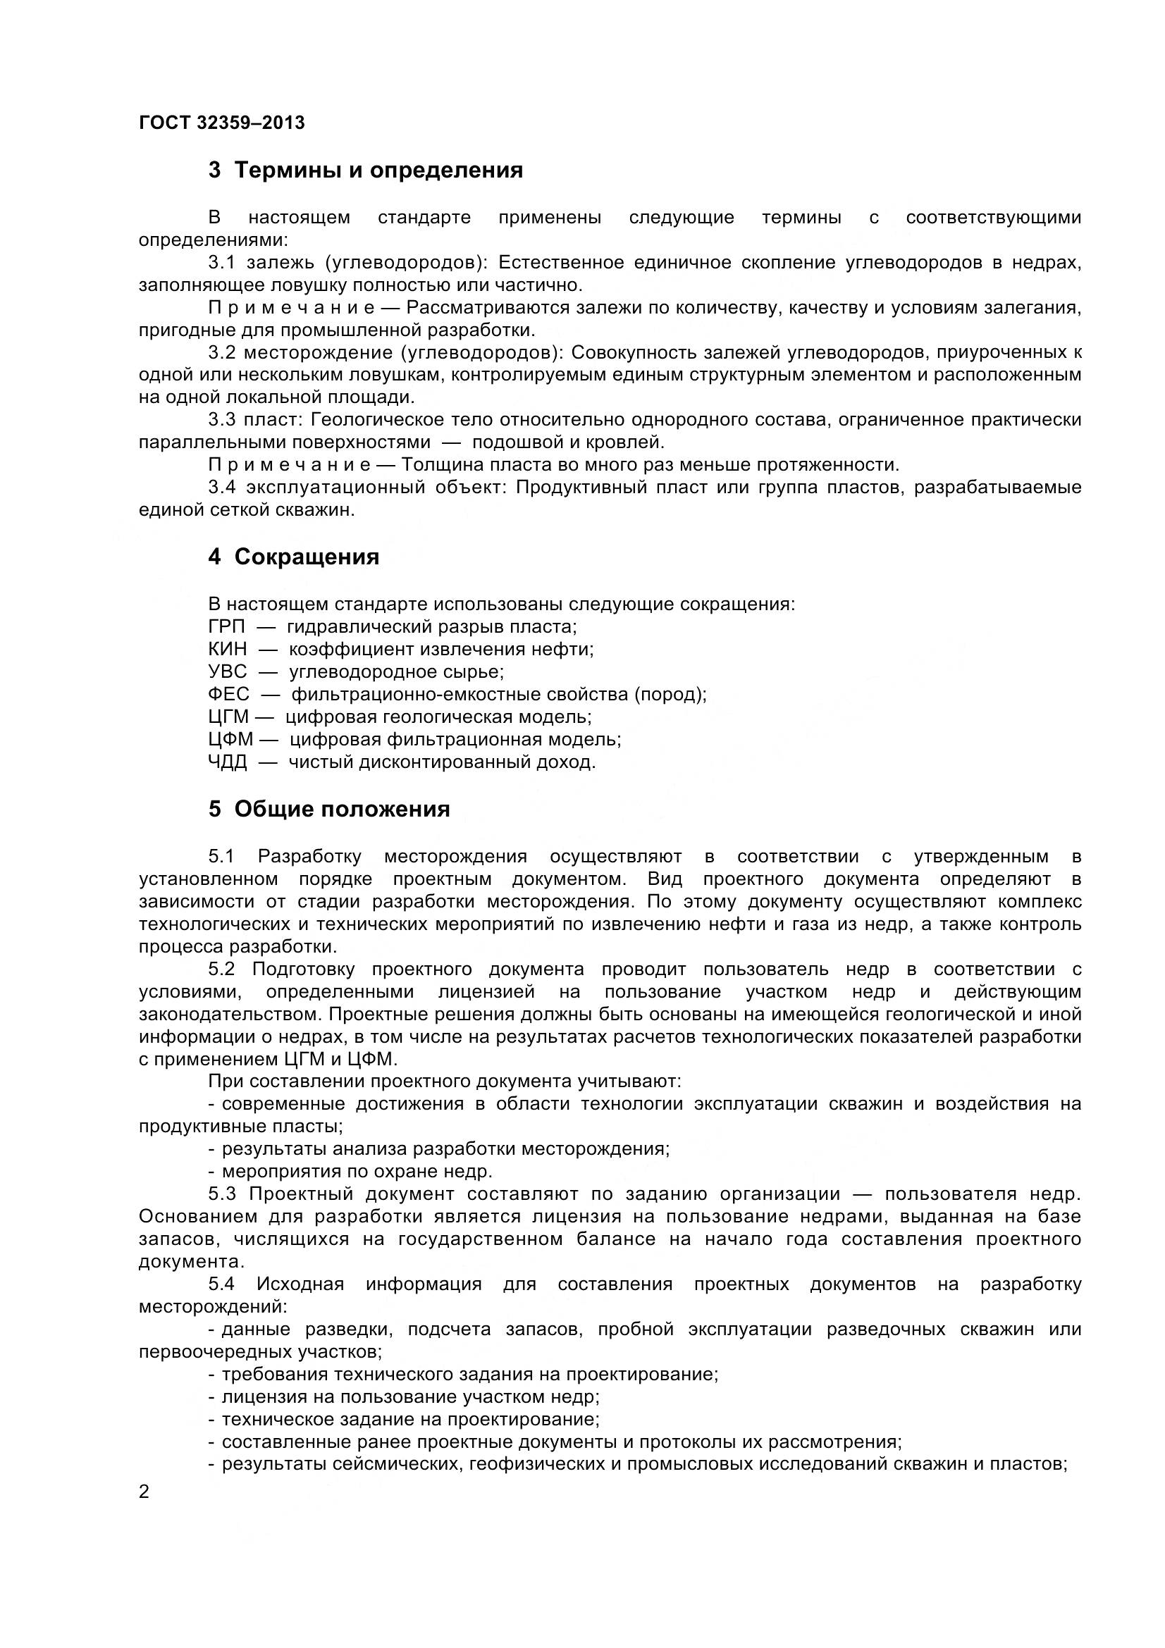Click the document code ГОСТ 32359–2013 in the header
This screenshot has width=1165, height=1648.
coord(221,123)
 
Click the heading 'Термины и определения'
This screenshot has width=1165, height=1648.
coord(378,171)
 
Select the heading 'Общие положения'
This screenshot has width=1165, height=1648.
coord(342,809)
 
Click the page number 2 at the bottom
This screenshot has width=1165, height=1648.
coord(144,1492)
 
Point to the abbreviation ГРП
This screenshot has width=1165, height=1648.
coord(226,626)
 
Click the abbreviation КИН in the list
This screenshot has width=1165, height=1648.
coord(227,649)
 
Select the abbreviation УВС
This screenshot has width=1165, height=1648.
coord(227,672)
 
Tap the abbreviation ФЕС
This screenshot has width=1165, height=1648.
coord(228,694)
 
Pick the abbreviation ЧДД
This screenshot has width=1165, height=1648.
coord(227,762)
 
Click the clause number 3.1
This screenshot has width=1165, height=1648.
coord(221,263)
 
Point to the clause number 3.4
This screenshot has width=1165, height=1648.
coord(221,488)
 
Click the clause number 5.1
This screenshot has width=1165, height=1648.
coord(221,856)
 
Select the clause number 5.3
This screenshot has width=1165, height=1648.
coord(221,1194)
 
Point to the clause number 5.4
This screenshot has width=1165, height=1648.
coord(221,1283)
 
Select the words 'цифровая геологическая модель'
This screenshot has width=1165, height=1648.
coord(438,717)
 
